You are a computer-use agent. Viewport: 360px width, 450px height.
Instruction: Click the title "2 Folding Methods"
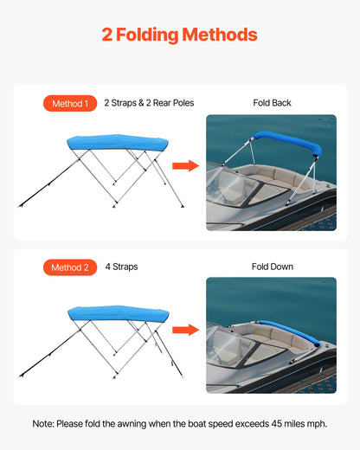click(179, 35)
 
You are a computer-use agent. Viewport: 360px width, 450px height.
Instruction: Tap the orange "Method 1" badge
click(69, 104)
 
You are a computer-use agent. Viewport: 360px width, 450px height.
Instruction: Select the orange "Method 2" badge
click(69, 267)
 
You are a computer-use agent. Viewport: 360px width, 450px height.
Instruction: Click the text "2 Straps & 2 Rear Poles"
click(149, 103)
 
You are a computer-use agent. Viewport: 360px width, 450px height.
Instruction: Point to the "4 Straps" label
click(121, 267)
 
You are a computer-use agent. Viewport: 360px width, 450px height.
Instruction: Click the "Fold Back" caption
click(272, 103)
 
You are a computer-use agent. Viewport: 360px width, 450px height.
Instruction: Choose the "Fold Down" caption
click(272, 267)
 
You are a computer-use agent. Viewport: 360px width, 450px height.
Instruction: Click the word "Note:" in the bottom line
click(44, 423)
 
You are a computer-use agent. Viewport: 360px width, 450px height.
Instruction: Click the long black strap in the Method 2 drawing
click(48, 351)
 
